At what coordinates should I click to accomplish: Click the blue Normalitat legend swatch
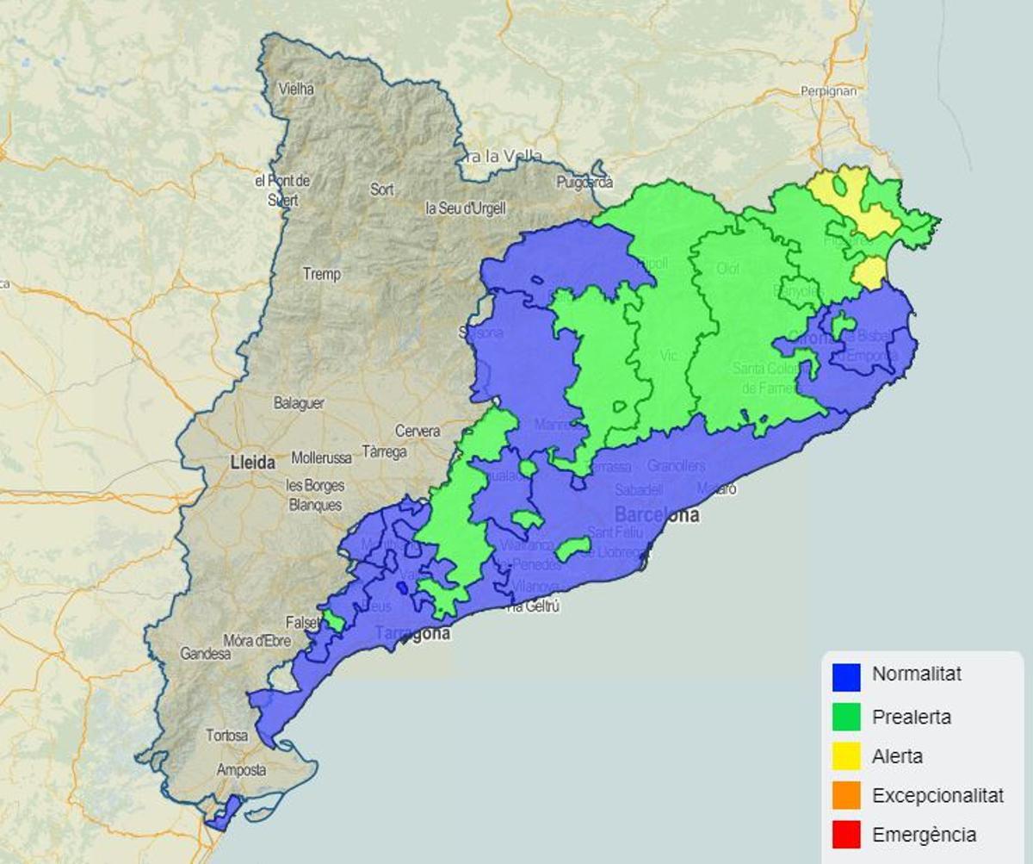pyautogui.click(x=846, y=675)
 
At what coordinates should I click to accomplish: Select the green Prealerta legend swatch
pyautogui.click(x=846, y=716)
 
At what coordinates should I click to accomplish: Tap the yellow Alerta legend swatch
pyautogui.click(x=846, y=755)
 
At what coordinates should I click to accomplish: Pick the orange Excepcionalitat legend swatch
pyautogui.click(x=846, y=795)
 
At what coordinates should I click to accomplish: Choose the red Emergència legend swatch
pyautogui.click(x=846, y=834)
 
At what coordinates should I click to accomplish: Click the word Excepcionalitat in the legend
pyautogui.click(x=937, y=795)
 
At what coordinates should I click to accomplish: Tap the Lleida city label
pyautogui.click(x=253, y=463)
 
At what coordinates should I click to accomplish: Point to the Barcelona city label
pyautogui.click(x=657, y=515)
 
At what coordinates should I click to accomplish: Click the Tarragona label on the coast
pyautogui.click(x=412, y=634)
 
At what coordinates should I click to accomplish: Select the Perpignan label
pyautogui.click(x=828, y=90)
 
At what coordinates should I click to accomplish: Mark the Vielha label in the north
pyautogui.click(x=297, y=88)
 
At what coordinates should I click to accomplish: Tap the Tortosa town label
pyautogui.click(x=227, y=736)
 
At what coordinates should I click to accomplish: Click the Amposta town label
pyautogui.click(x=241, y=770)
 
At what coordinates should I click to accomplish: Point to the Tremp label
pyautogui.click(x=321, y=274)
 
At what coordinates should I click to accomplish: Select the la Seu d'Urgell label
pyautogui.click(x=466, y=208)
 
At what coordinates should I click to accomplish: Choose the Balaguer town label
pyautogui.click(x=299, y=403)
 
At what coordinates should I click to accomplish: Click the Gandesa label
pyautogui.click(x=205, y=654)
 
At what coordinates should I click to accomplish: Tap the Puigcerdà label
pyautogui.click(x=585, y=182)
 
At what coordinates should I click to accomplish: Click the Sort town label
pyautogui.click(x=381, y=190)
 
